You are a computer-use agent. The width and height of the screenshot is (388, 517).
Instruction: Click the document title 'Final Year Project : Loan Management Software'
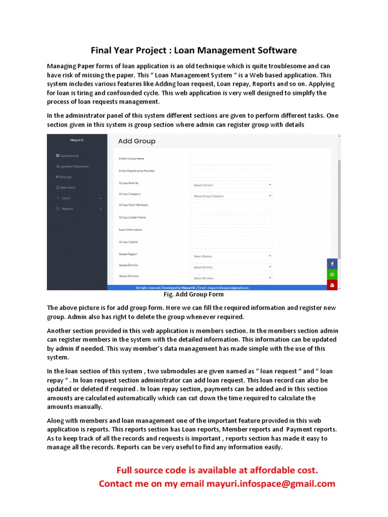[193, 50]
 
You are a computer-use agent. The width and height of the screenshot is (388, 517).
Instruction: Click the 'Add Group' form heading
[136, 141]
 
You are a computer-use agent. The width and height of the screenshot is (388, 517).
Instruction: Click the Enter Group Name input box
[231, 161]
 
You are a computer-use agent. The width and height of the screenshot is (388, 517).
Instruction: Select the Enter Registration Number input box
[231, 173]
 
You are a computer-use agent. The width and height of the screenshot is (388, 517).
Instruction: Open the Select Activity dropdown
[231, 185]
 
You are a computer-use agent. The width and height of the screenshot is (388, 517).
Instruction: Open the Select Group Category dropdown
[231, 195]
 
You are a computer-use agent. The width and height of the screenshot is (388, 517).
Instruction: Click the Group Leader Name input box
[231, 220]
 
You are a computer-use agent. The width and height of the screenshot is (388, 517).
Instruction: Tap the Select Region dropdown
[231, 256]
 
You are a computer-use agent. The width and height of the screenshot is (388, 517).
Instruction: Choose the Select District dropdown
[231, 267]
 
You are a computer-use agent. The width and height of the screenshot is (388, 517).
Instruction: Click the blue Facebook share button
[332, 264]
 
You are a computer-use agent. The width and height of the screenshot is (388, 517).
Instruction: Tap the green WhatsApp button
[332, 275]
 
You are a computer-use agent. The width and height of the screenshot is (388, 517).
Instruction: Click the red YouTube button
[332, 285]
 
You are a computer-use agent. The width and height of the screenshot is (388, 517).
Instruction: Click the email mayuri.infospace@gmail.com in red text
[271, 484]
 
